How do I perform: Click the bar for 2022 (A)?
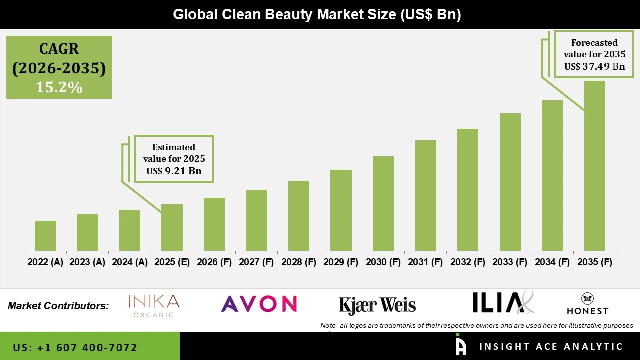(45, 236)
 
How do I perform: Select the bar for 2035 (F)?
(594, 166)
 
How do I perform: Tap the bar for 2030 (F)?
(383, 203)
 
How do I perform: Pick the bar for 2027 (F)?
(256, 220)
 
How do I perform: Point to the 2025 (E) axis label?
(172, 262)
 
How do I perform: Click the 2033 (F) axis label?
(510, 262)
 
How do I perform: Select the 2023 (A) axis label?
(87, 262)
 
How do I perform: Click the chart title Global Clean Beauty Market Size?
(317, 14)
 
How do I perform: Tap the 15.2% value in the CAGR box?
(59, 87)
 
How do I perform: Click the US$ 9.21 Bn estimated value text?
(174, 171)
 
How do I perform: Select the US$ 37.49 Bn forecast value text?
(594, 66)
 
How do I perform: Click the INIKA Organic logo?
(153, 306)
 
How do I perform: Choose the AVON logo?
(259, 304)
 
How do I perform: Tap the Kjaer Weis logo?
(377, 305)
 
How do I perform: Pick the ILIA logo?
(502, 303)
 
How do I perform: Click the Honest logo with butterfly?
(587, 304)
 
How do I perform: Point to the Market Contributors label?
(58, 306)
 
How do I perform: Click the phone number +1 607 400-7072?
(75, 347)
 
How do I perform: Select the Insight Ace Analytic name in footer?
(551, 347)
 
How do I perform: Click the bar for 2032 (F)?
(467, 190)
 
